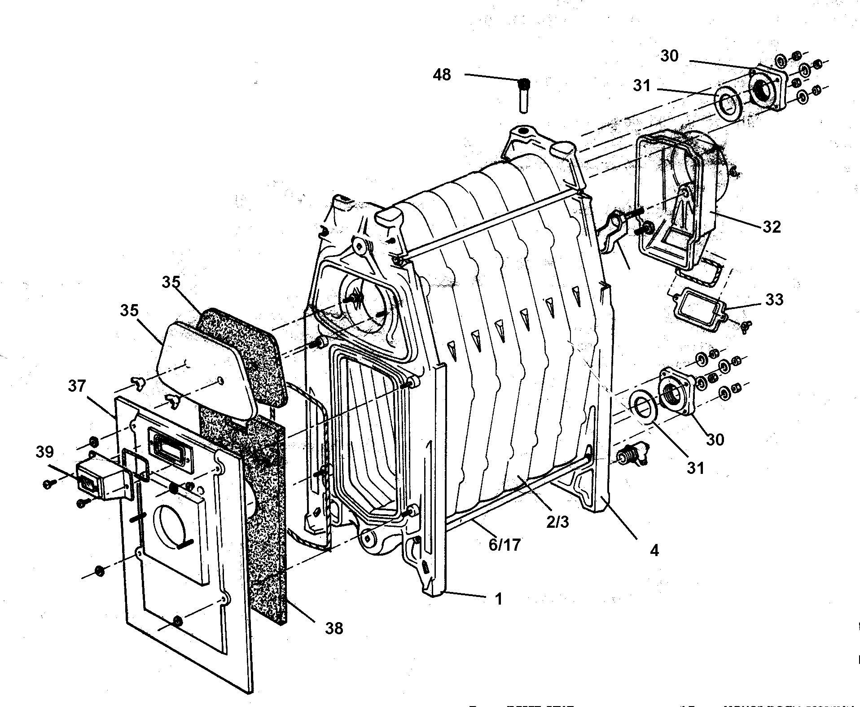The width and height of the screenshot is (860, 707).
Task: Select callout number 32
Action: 772,227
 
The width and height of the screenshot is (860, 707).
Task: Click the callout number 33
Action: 774,299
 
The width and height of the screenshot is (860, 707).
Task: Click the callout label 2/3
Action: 557,521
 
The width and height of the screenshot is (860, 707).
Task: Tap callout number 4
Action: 654,550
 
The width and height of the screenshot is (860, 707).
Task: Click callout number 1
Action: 498,599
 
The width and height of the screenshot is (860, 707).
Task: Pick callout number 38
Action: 334,628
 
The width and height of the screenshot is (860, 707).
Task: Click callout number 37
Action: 77,386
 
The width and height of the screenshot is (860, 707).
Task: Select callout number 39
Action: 45,452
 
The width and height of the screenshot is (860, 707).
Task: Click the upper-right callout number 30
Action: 669,56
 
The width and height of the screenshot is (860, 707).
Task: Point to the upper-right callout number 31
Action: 641,85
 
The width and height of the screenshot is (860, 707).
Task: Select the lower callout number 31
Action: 695,468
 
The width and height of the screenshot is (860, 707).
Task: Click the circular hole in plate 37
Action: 172,525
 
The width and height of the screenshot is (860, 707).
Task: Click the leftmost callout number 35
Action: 129,311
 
